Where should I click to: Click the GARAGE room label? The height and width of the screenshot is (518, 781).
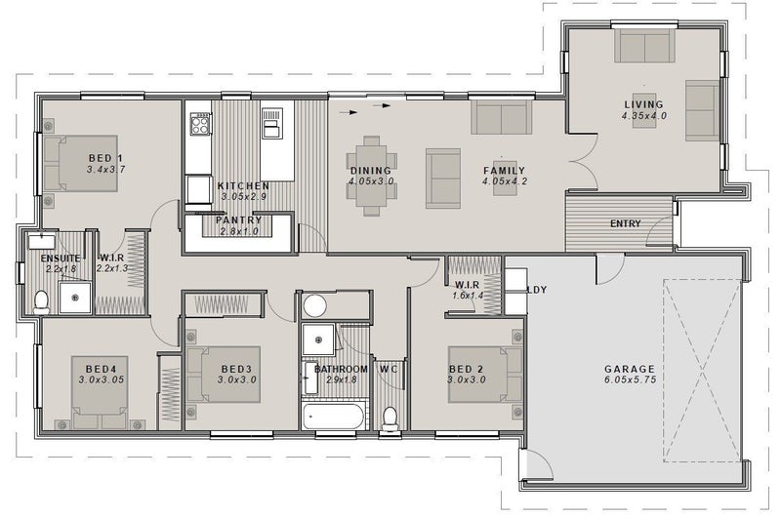[630, 369]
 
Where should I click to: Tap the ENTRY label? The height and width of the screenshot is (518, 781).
[625, 224]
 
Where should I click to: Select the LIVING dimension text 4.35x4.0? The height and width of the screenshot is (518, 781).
[644, 116]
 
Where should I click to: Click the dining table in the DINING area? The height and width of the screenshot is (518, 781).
[372, 177]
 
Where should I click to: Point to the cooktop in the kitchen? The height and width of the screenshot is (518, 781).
[200, 124]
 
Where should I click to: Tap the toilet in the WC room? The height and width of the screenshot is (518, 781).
[390, 418]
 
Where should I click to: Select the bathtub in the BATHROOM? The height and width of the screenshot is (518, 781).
[334, 416]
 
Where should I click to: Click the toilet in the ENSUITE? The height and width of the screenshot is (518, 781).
[41, 301]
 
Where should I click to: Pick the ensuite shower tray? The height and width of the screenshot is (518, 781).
[75, 298]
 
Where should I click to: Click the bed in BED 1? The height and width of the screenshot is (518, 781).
[81, 163]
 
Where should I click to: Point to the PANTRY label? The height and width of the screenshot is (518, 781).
[238, 219]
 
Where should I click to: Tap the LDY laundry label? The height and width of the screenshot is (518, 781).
[537, 290]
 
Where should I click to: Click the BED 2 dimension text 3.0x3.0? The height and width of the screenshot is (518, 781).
[467, 380]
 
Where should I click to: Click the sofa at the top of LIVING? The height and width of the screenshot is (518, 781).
[644, 46]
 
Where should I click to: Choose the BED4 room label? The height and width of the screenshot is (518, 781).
[102, 369]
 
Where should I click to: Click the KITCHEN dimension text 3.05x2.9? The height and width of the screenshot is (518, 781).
[243, 196]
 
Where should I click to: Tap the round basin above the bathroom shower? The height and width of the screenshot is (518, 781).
[314, 305]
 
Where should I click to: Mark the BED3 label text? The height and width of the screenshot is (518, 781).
[236, 369]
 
